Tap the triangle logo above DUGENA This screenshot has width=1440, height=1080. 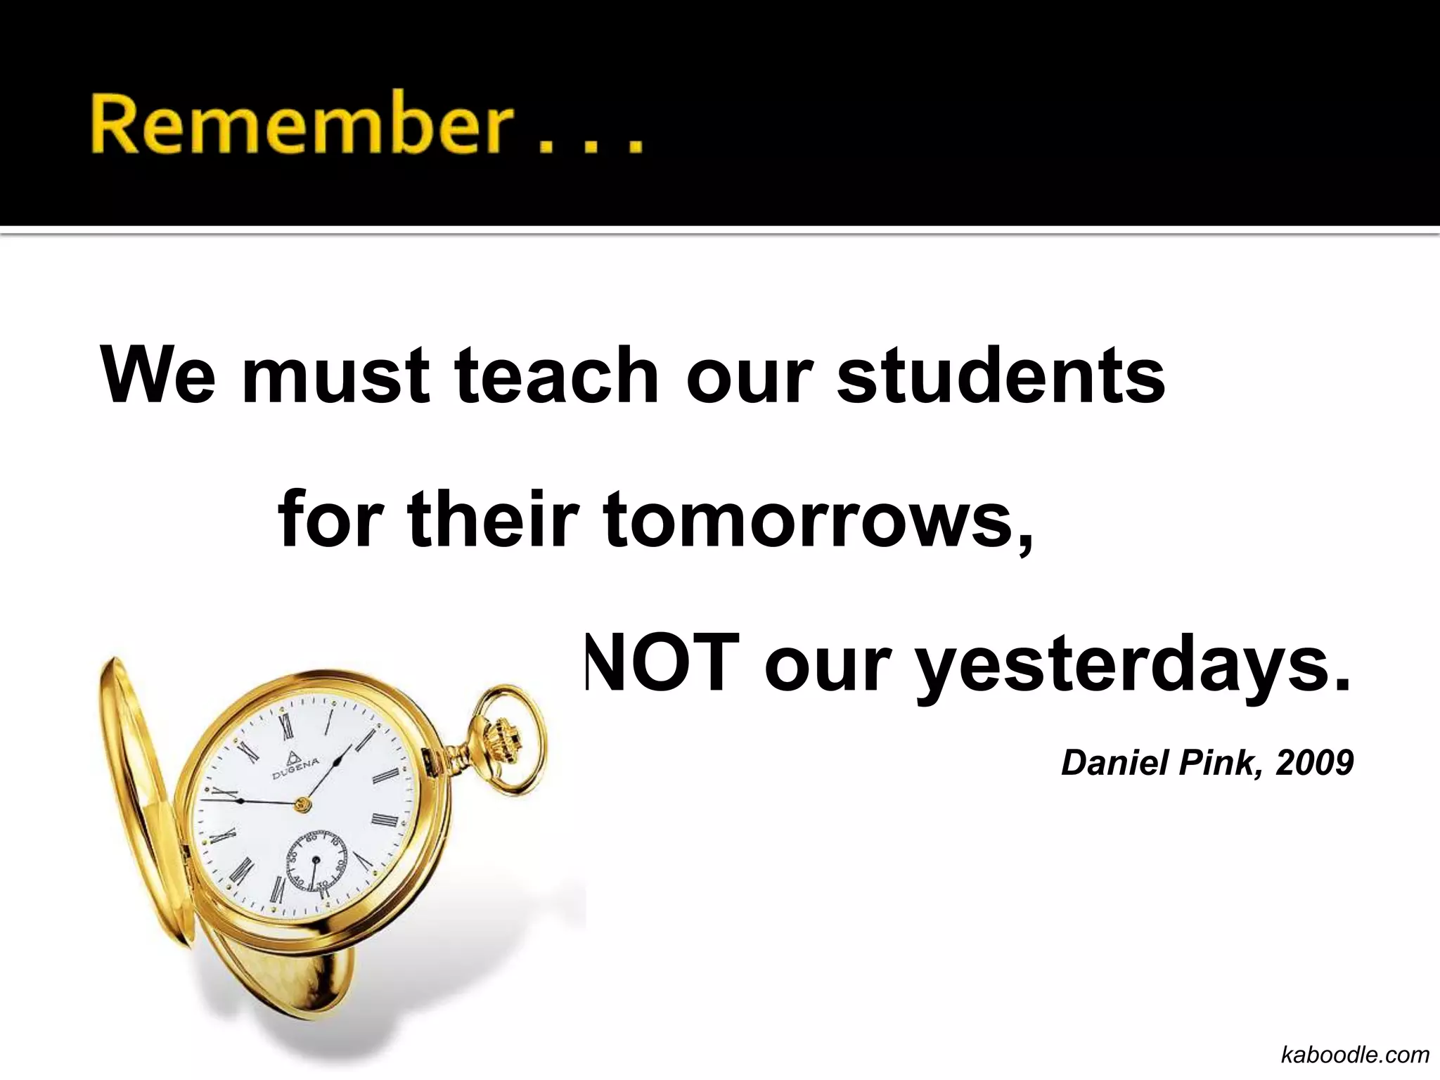click(x=291, y=756)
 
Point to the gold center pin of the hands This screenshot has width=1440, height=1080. click(x=303, y=804)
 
